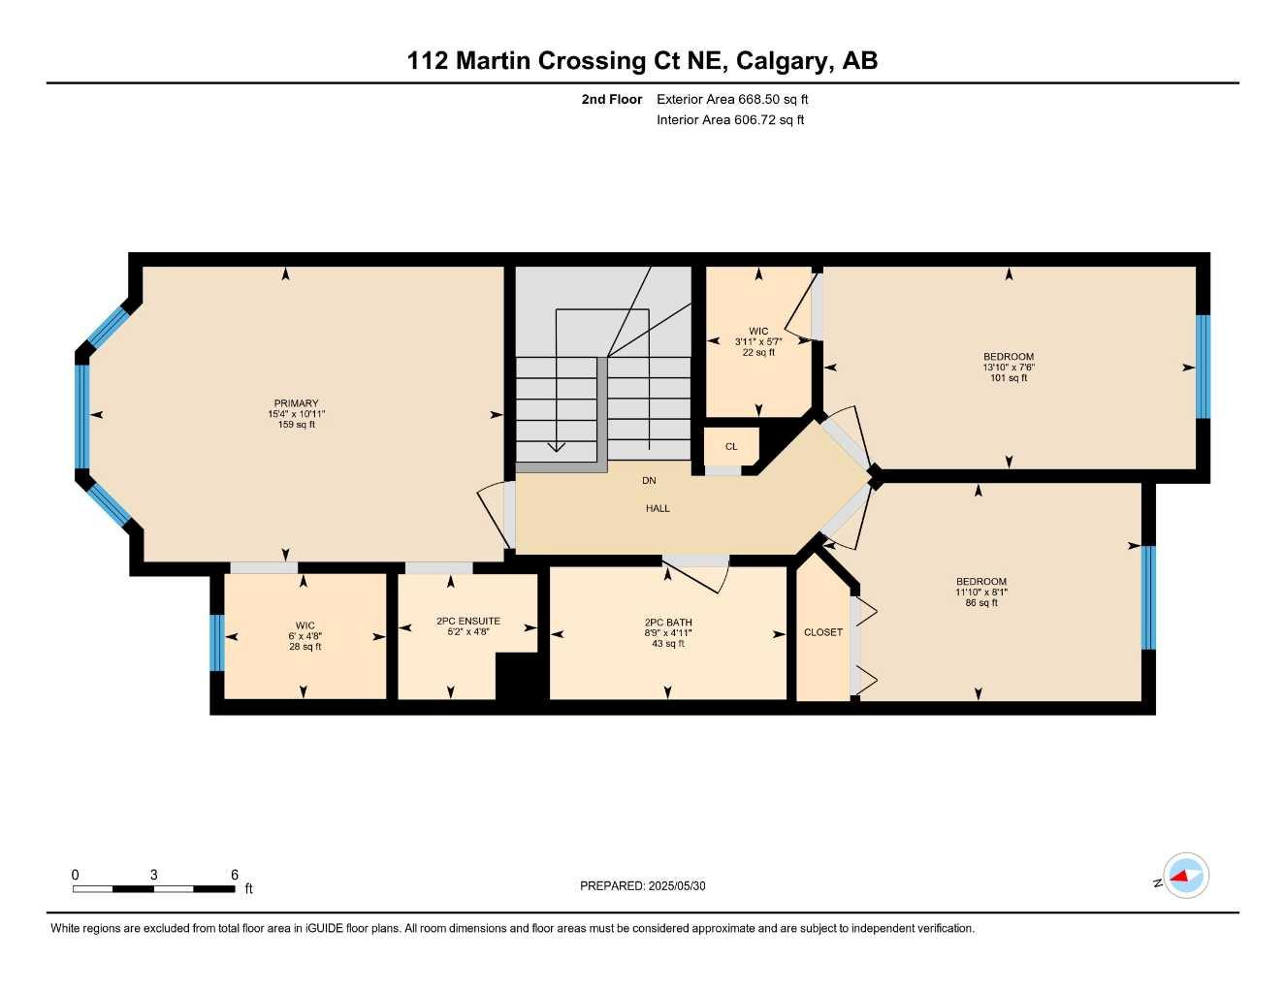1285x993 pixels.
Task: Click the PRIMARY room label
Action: coord(296,403)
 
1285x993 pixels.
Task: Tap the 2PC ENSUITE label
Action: coord(468,621)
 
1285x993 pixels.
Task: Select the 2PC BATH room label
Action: coord(668,623)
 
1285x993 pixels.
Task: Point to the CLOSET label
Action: coord(823,632)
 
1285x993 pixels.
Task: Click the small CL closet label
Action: coord(731,447)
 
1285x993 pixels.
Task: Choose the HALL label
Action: coord(658,508)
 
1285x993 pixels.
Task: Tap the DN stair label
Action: coord(649,480)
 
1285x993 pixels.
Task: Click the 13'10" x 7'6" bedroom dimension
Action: coord(1009,368)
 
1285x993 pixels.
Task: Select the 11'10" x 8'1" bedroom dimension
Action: coord(981,593)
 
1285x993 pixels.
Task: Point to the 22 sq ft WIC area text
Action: coord(758,353)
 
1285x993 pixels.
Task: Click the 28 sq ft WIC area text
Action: coord(305,647)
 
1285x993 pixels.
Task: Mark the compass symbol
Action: coord(1185,877)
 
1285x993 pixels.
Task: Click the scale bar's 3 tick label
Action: coord(153,875)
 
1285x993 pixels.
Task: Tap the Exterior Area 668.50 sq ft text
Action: coord(732,99)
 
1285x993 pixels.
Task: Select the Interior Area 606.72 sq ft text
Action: coord(730,120)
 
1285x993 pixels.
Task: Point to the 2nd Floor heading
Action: coord(612,99)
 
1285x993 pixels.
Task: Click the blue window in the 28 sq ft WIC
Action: coord(217,643)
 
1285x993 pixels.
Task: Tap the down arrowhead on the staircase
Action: coord(557,446)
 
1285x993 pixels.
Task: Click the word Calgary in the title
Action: coord(783,61)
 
